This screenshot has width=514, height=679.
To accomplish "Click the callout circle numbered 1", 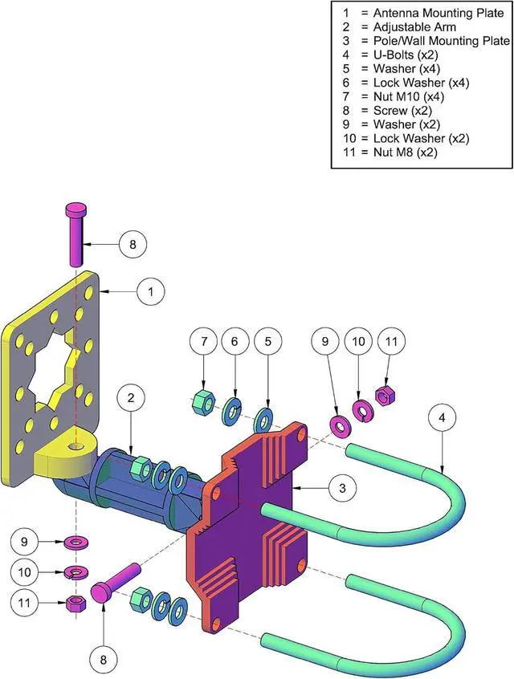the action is coord(151,291).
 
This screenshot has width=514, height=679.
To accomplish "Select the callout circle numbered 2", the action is coord(131,397).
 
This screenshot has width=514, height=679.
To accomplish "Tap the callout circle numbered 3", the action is coord(342,488).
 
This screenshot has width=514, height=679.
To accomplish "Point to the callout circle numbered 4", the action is coord(442,418).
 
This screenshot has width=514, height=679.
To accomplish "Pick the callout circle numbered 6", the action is coord(235,342).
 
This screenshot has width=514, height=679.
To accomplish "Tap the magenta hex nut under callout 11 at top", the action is coord(385,395).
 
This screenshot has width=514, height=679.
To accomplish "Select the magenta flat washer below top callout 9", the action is coord(340,425).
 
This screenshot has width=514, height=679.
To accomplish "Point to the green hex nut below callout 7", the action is coord(202,400).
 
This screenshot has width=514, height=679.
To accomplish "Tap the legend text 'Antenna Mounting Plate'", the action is coord(439,13).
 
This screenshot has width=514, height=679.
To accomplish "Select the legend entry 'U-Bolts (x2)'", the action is coord(406,55).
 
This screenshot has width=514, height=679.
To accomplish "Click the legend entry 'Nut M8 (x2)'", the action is coord(406,152).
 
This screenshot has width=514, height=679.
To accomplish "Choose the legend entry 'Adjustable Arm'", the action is coord(414,26).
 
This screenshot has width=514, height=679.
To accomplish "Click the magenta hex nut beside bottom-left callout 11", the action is coord(75,603).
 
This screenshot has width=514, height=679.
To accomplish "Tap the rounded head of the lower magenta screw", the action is coord(101,592).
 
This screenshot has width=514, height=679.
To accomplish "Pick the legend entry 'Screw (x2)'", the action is coord(402,111).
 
